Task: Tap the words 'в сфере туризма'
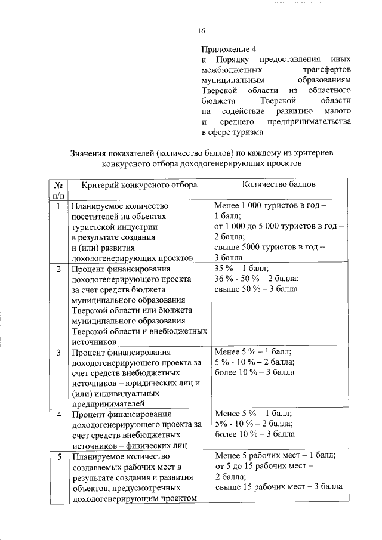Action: coord(230,133)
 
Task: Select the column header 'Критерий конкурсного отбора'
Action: coord(139,186)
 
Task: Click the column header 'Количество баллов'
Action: coord(279,185)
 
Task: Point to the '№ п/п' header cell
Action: coord(58,190)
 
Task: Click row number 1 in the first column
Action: coord(58,207)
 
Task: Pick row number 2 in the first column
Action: coord(58,269)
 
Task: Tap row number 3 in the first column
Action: coord(58,352)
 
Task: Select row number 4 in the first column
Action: coord(58,414)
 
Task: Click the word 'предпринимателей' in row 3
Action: coord(109,403)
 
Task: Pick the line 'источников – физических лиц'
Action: coord(130,445)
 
